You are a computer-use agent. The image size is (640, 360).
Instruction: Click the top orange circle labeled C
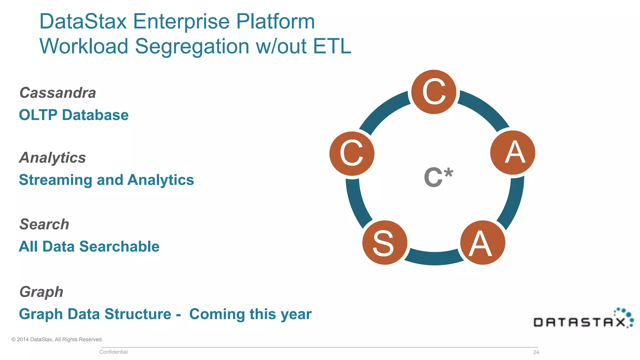(433, 92)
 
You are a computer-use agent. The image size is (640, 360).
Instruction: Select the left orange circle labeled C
(352, 153)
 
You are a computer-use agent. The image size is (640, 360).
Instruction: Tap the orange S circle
(385, 243)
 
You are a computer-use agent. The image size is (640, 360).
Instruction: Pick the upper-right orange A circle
(513, 152)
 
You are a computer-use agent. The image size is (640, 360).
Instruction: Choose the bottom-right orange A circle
(483, 243)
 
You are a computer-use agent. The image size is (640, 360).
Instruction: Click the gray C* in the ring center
(438, 177)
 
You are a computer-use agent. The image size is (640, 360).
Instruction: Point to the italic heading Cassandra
(57, 93)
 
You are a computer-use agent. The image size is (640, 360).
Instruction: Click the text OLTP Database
(74, 115)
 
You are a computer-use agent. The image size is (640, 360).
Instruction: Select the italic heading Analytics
(52, 157)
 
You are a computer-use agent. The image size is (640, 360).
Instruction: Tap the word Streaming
(56, 180)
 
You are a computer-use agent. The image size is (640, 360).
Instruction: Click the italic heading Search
(44, 224)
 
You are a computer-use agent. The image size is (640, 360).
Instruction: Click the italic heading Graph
(41, 292)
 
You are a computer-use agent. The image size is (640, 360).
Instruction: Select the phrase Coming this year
(250, 314)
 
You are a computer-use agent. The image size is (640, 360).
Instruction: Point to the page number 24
(536, 352)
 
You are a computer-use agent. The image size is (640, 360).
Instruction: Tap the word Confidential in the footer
(113, 352)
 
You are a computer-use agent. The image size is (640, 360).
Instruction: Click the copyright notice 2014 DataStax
(57, 339)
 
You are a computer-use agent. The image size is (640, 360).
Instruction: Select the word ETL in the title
(332, 46)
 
